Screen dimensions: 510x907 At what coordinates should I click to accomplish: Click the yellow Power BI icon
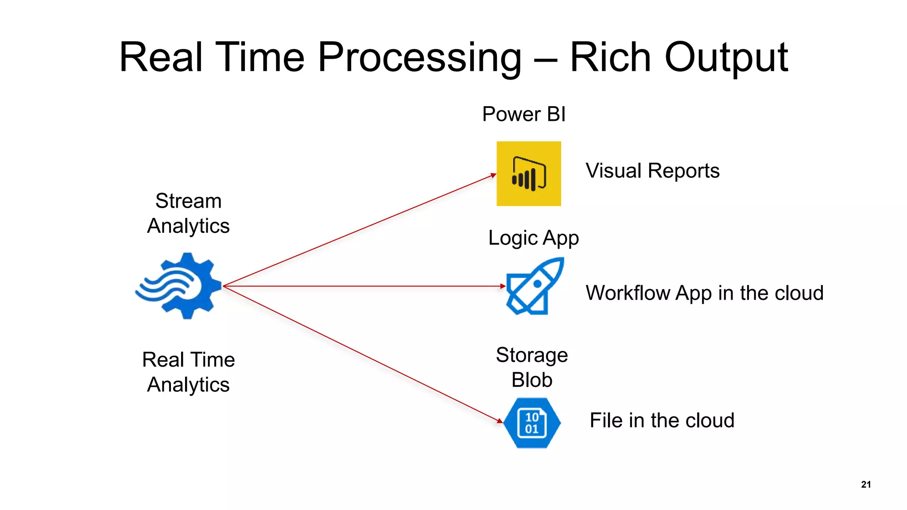[x=528, y=174]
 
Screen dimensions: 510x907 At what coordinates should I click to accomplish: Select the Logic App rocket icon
[x=535, y=286]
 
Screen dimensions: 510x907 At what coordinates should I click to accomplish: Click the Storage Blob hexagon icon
[x=532, y=423]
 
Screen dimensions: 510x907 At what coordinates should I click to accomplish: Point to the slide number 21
[x=866, y=484]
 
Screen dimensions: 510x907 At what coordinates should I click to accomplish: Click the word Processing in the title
[x=419, y=58]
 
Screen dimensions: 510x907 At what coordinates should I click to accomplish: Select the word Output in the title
[x=726, y=58]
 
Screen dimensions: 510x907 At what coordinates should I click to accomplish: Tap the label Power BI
[x=523, y=114]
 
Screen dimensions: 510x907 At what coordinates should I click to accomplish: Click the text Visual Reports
[x=652, y=171]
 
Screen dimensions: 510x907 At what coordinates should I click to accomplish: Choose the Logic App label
[x=533, y=238]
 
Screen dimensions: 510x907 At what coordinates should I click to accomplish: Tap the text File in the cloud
[x=662, y=420]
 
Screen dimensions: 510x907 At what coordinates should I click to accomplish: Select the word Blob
[x=532, y=380]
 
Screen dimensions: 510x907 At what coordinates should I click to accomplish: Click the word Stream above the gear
[x=188, y=201]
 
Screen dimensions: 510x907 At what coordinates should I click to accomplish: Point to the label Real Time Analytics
[x=188, y=372]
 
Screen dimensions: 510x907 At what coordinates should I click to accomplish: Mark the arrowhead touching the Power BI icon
[x=493, y=176]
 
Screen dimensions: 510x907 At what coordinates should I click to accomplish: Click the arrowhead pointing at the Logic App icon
[x=503, y=286]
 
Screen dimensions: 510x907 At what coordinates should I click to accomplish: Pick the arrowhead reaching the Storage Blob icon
[x=500, y=421]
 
